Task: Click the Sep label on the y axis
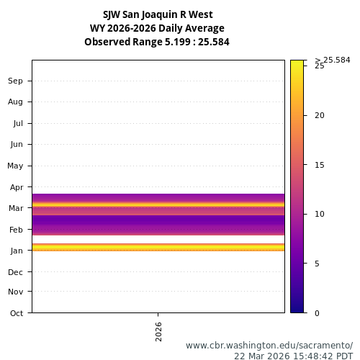click(x=16, y=81)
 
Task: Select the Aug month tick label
click(x=16, y=102)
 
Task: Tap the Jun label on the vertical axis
click(x=17, y=144)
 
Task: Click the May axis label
click(x=15, y=166)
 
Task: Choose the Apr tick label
click(x=17, y=186)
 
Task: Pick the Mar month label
click(x=16, y=208)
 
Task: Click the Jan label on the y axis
click(x=17, y=251)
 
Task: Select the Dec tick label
click(x=16, y=272)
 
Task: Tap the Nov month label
click(x=16, y=292)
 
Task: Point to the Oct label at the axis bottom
click(x=17, y=312)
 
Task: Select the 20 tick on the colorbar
click(x=320, y=115)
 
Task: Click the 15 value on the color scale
click(x=320, y=165)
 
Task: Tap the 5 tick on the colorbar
click(x=318, y=264)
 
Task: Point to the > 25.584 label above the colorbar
click(x=333, y=60)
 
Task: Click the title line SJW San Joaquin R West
click(x=157, y=14)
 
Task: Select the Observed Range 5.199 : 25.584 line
click(x=157, y=42)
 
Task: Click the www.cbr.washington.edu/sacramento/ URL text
click(x=269, y=345)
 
